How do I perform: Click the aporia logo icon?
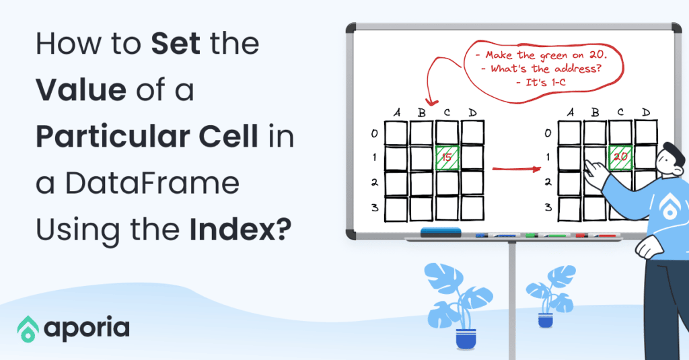(28, 328)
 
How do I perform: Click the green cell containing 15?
(447, 157)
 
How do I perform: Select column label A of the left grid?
(397, 112)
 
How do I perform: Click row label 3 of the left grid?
(374, 207)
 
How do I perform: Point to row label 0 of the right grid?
(548, 133)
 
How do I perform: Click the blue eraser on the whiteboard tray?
(441, 232)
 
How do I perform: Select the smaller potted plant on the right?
(546, 296)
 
